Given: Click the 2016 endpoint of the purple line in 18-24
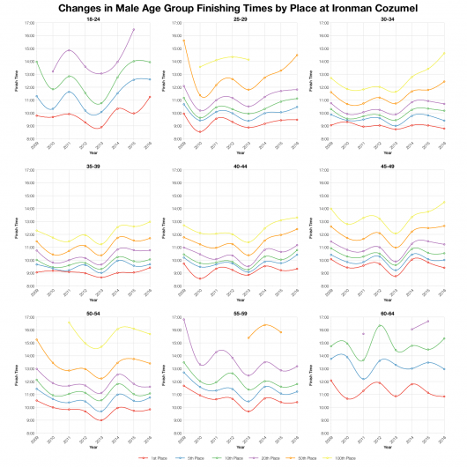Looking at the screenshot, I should pyautogui.click(x=133, y=29).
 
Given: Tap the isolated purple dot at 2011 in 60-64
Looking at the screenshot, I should pyautogui.click(x=362, y=334).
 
